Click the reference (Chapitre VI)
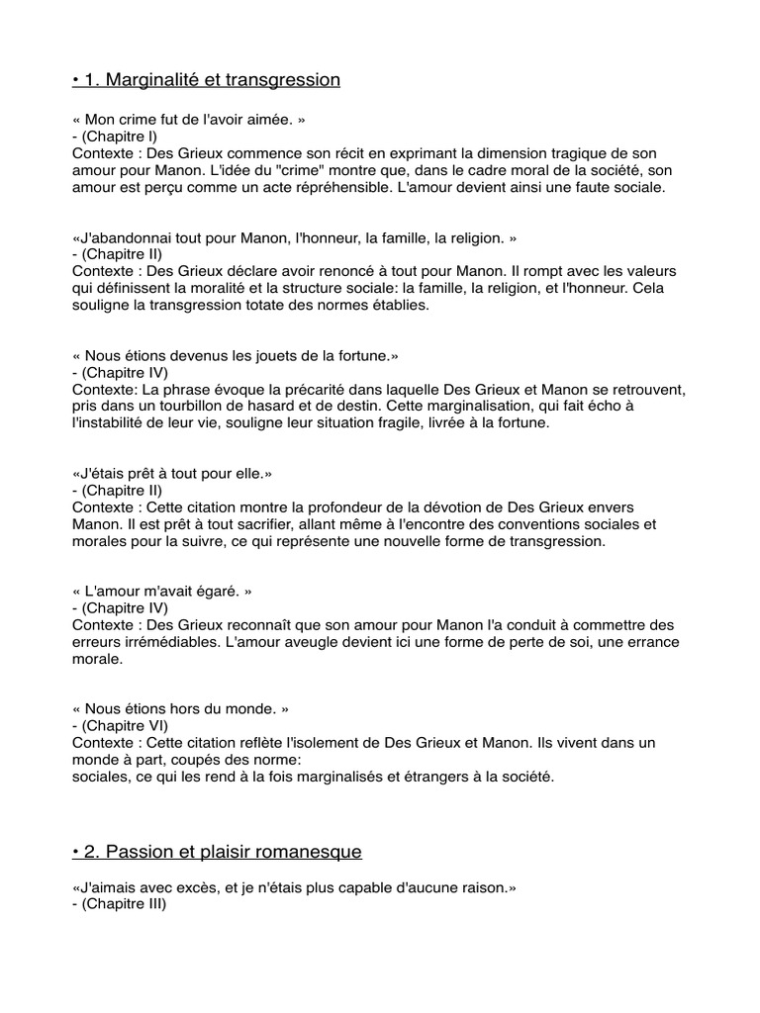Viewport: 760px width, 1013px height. (x=124, y=726)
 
